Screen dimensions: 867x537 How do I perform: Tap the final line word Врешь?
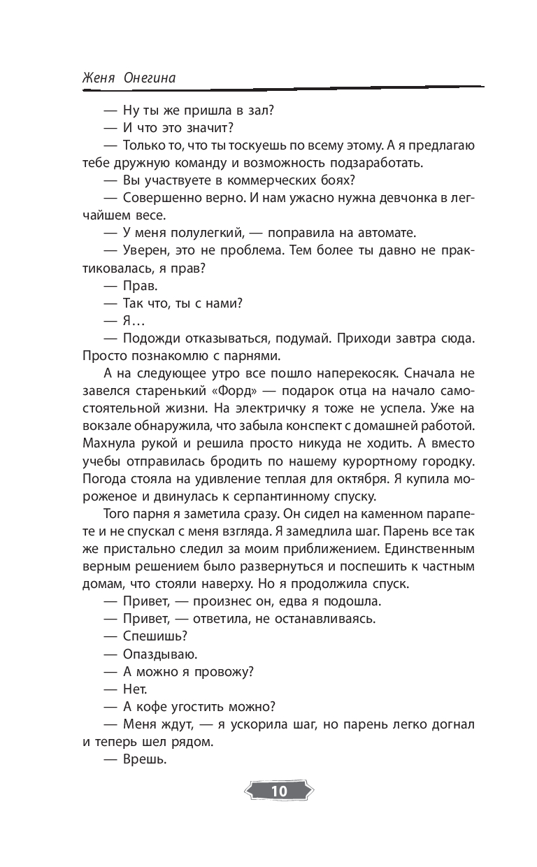coord(145,761)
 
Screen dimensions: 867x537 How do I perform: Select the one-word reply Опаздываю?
coord(160,654)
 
